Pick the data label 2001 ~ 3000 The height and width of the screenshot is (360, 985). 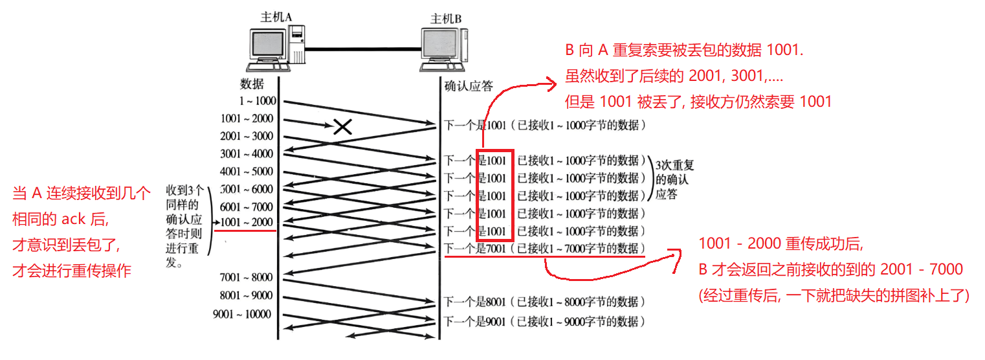[x=247, y=137]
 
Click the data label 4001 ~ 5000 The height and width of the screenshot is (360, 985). [x=247, y=172]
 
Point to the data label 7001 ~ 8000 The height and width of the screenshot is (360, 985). [x=247, y=278]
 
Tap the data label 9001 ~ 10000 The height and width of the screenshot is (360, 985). [x=242, y=315]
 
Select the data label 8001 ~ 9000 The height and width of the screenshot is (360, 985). [x=247, y=296]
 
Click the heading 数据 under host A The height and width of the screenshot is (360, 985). [x=252, y=84]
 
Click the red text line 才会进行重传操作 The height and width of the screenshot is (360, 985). [x=71, y=271]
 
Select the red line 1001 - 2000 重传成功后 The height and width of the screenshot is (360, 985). [x=781, y=244]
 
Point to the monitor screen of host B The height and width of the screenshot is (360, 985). [x=440, y=45]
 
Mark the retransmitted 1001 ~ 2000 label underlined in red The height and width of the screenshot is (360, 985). [x=247, y=222]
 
